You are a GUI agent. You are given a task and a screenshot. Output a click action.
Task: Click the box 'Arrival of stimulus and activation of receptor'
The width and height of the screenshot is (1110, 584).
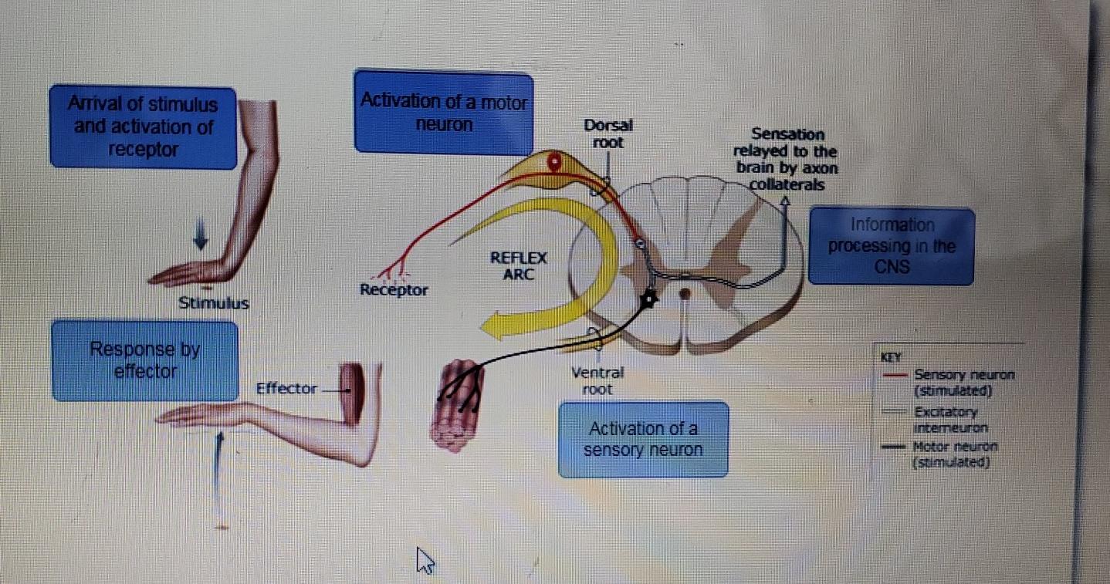point(143,127)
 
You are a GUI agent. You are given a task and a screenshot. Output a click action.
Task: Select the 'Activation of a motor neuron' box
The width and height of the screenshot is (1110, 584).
point(443,113)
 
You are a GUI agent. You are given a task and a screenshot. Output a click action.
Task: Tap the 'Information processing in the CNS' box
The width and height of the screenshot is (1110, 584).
point(891,246)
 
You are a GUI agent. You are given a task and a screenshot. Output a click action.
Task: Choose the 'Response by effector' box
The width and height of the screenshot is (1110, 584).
point(144,361)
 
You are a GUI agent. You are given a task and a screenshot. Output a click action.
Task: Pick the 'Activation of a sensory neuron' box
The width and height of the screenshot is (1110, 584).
point(643,439)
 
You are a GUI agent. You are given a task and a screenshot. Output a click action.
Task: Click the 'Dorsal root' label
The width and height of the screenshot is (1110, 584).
point(608,133)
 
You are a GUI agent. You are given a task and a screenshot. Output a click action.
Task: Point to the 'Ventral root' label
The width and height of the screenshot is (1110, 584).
point(597,381)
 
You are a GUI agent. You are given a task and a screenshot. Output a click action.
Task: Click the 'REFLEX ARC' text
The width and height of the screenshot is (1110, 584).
point(519,266)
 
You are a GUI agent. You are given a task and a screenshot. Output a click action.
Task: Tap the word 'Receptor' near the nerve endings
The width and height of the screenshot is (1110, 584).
point(394,290)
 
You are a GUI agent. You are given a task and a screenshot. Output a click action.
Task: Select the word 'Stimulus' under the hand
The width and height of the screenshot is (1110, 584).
point(214,303)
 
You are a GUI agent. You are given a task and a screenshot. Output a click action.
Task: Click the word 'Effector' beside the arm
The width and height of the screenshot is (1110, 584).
point(286,388)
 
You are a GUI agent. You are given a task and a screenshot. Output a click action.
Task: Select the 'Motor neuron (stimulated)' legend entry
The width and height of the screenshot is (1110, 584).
point(954,454)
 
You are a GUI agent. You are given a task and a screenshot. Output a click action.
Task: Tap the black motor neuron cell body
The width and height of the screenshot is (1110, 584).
point(649,299)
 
